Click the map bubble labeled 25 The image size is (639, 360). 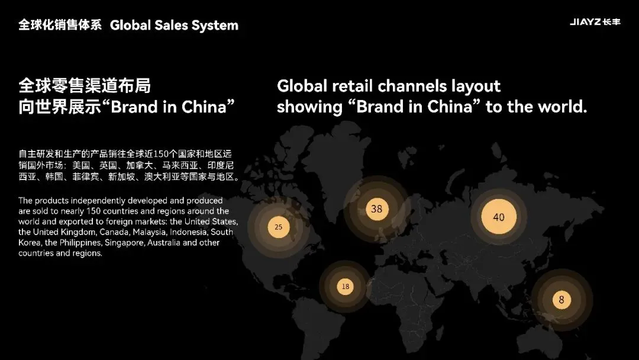278,227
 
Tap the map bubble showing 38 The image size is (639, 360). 377,209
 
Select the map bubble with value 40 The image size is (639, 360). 499,217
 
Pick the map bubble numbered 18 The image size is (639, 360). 345,287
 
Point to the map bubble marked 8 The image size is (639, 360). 561,300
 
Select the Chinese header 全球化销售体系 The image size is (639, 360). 60,25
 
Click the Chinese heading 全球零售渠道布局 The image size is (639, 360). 85,86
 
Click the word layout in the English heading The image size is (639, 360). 476,86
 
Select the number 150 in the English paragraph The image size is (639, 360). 95,211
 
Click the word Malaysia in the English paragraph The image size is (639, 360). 150,232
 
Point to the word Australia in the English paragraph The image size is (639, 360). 180,243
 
